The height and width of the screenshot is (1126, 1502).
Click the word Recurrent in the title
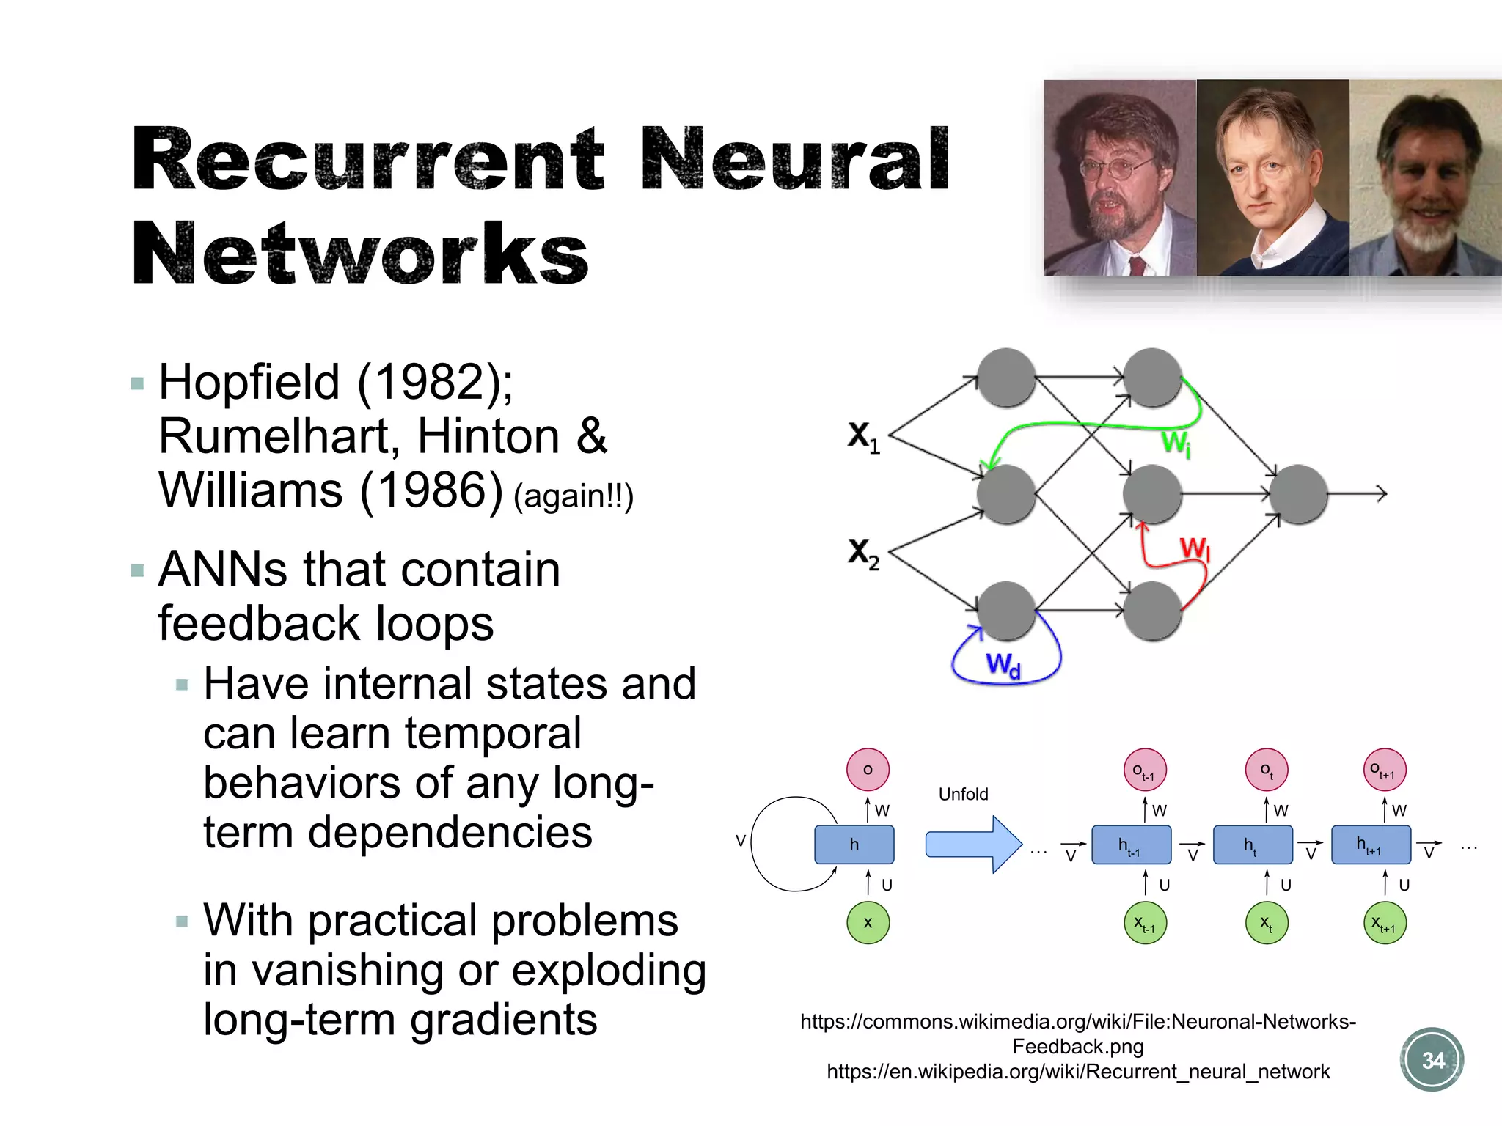[367, 160]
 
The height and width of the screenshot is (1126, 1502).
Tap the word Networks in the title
[359, 254]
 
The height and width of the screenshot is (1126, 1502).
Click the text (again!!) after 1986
[573, 496]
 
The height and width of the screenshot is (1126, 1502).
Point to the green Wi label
[1176, 443]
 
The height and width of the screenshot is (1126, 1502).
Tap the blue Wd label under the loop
[1003, 665]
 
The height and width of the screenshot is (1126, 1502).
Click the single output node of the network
[1298, 494]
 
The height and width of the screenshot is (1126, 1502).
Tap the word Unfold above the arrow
[963, 794]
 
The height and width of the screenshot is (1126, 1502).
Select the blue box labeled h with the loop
[854, 844]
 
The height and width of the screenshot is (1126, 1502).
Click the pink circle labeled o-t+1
[1385, 770]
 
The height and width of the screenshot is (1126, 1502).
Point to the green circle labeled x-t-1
[1145, 923]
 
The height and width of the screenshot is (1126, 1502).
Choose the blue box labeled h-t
[1252, 845]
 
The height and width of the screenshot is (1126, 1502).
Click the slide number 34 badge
[1432, 1060]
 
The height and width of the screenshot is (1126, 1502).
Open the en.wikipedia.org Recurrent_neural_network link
[1077, 1072]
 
